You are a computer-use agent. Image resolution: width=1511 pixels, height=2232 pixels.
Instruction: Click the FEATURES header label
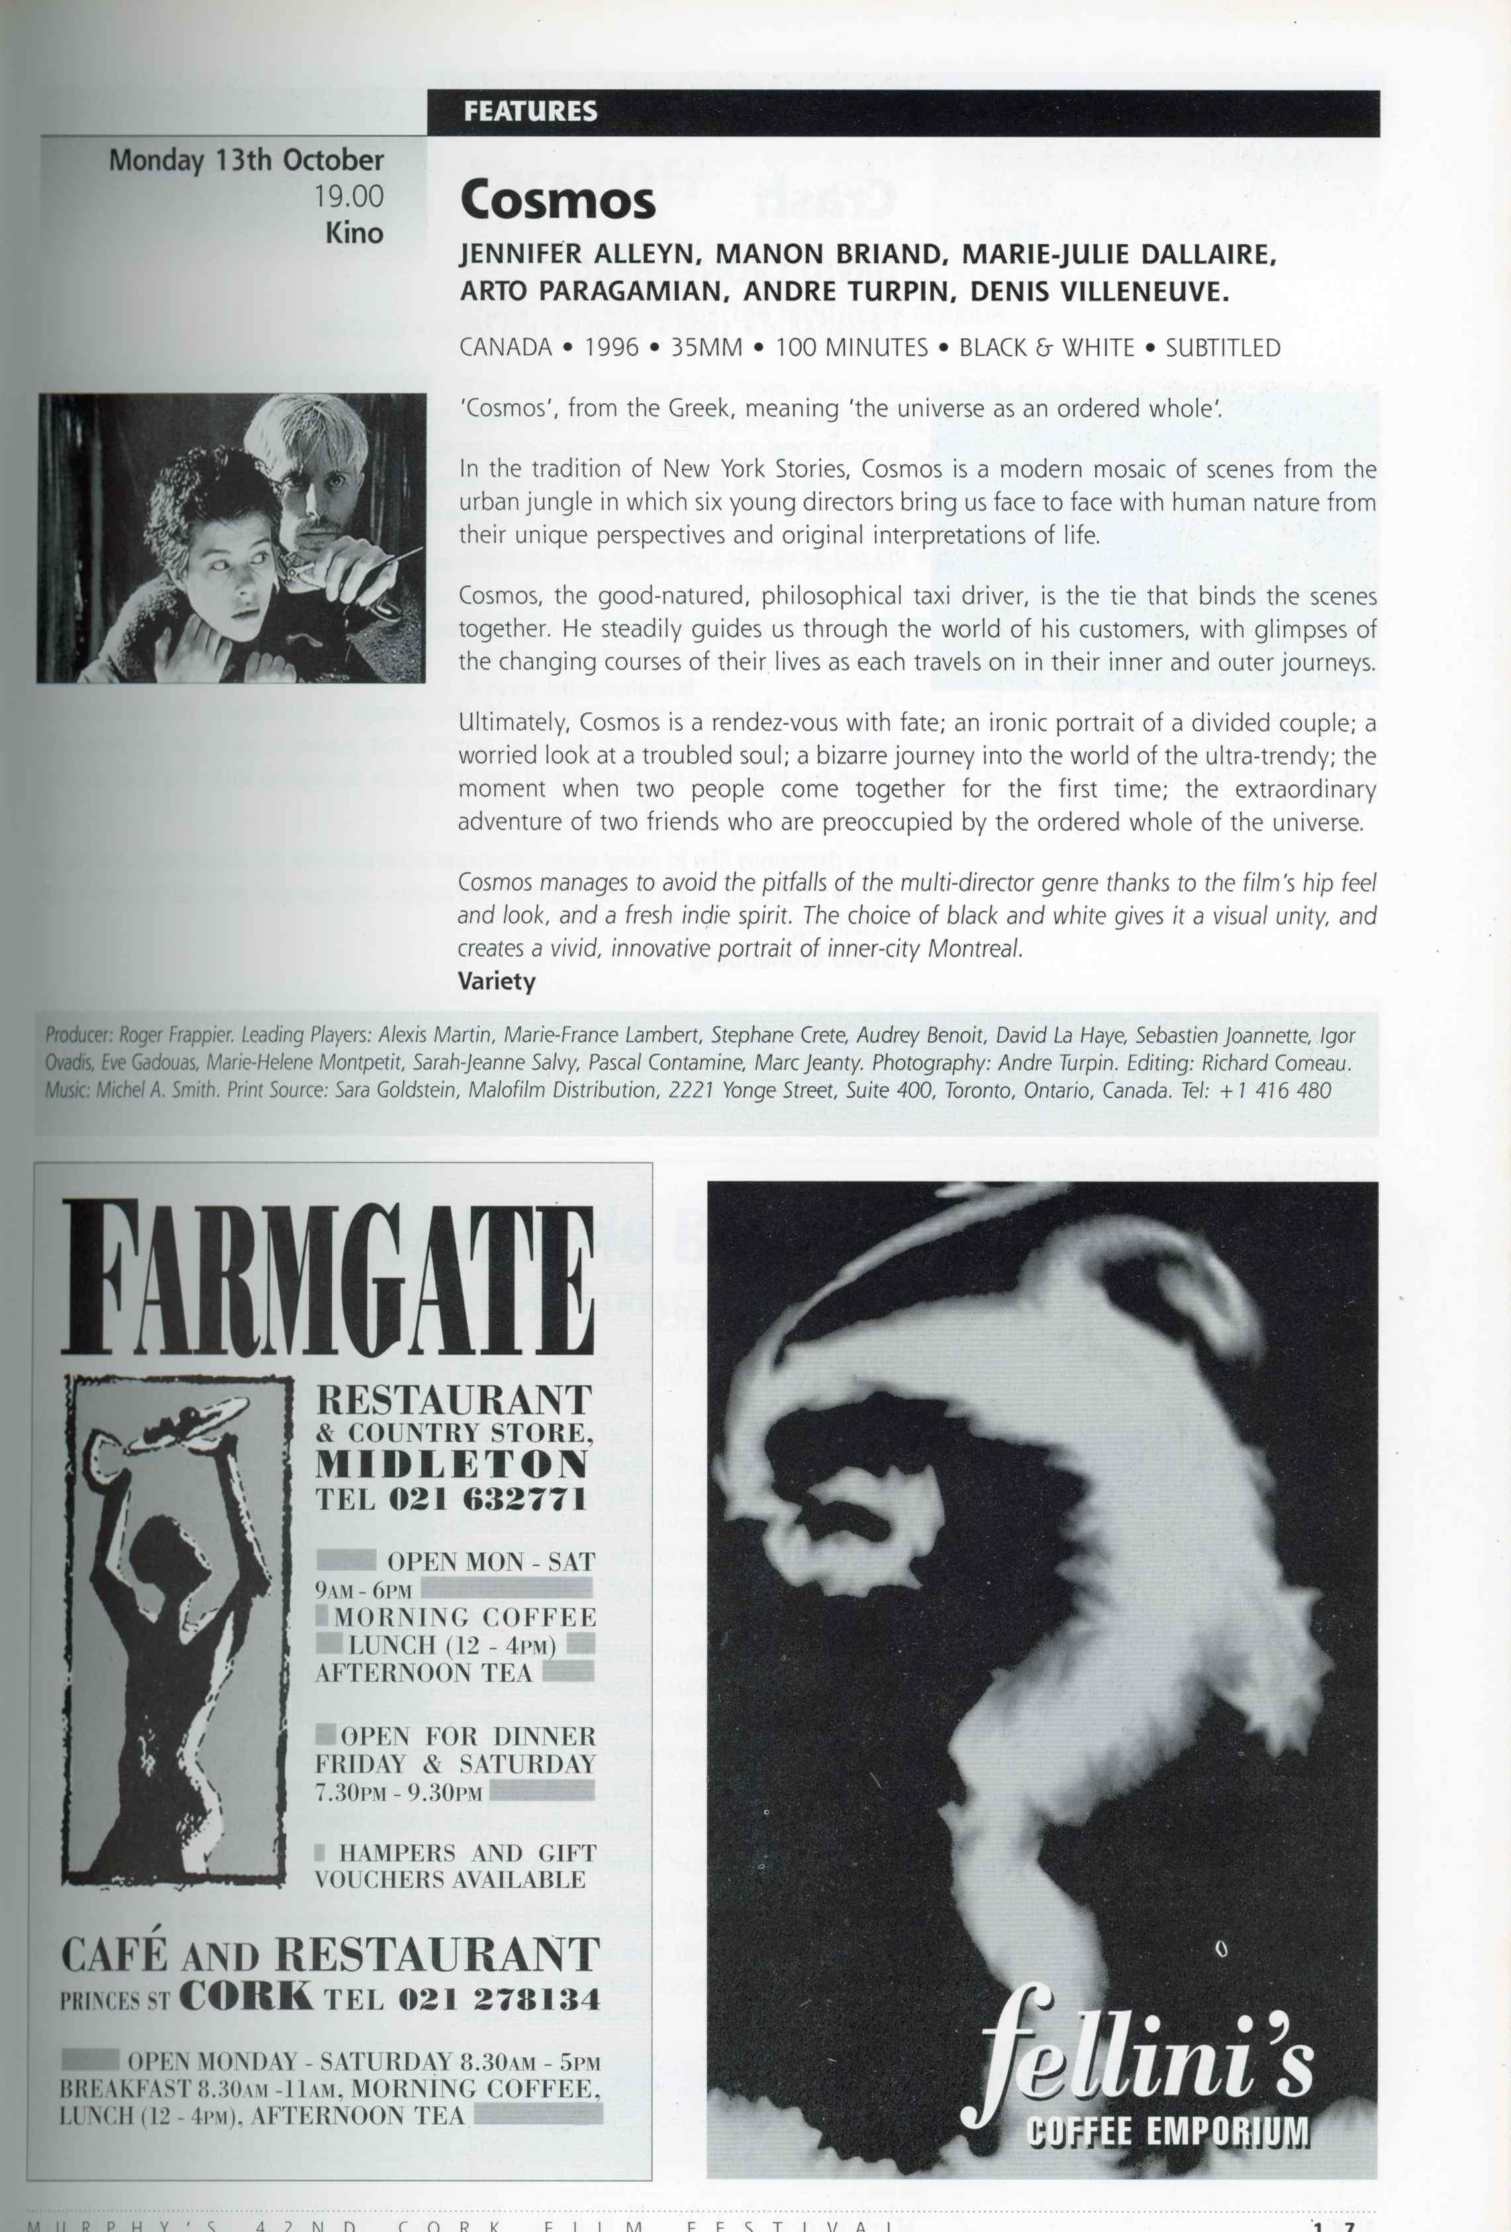(530, 111)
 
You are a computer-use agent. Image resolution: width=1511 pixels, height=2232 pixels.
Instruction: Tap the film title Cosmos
(557, 201)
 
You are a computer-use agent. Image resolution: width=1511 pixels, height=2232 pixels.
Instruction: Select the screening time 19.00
(349, 196)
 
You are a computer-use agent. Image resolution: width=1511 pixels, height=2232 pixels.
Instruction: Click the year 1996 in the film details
(611, 348)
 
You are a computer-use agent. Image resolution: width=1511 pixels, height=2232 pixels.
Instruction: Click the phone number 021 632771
(488, 1499)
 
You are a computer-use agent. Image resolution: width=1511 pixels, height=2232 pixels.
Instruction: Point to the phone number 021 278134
(499, 2000)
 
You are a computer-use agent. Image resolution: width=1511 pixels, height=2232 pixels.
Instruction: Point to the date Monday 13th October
(246, 160)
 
